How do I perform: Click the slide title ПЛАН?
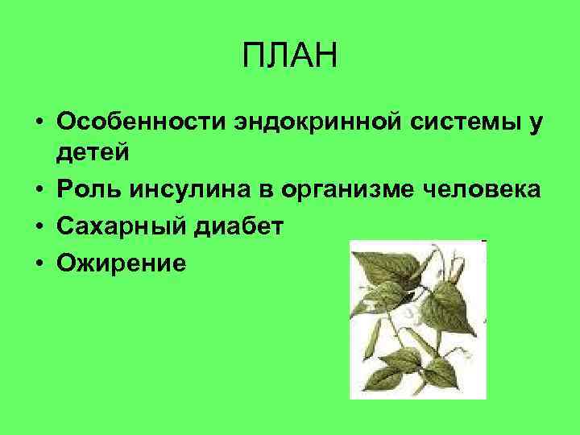[x=290, y=57]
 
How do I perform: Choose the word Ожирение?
[x=121, y=263]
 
